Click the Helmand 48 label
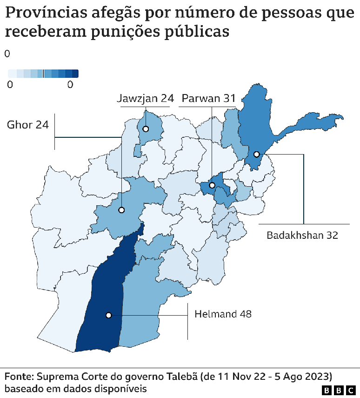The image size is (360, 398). [x=223, y=314]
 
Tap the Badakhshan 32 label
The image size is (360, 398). [x=302, y=235]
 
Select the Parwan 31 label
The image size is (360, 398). [x=208, y=98]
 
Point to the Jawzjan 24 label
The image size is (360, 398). [x=145, y=98]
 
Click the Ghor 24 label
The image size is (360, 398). [x=28, y=125]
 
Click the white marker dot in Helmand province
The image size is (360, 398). [x=109, y=315]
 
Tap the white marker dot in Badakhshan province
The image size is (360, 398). [x=256, y=154]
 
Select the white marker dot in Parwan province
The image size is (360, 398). [x=212, y=185]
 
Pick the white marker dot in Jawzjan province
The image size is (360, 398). [x=146, y=129]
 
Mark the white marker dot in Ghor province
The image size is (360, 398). [x=121, y=210]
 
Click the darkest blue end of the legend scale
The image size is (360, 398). [x=75, y=73]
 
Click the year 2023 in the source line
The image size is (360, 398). [x=318, y=376]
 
